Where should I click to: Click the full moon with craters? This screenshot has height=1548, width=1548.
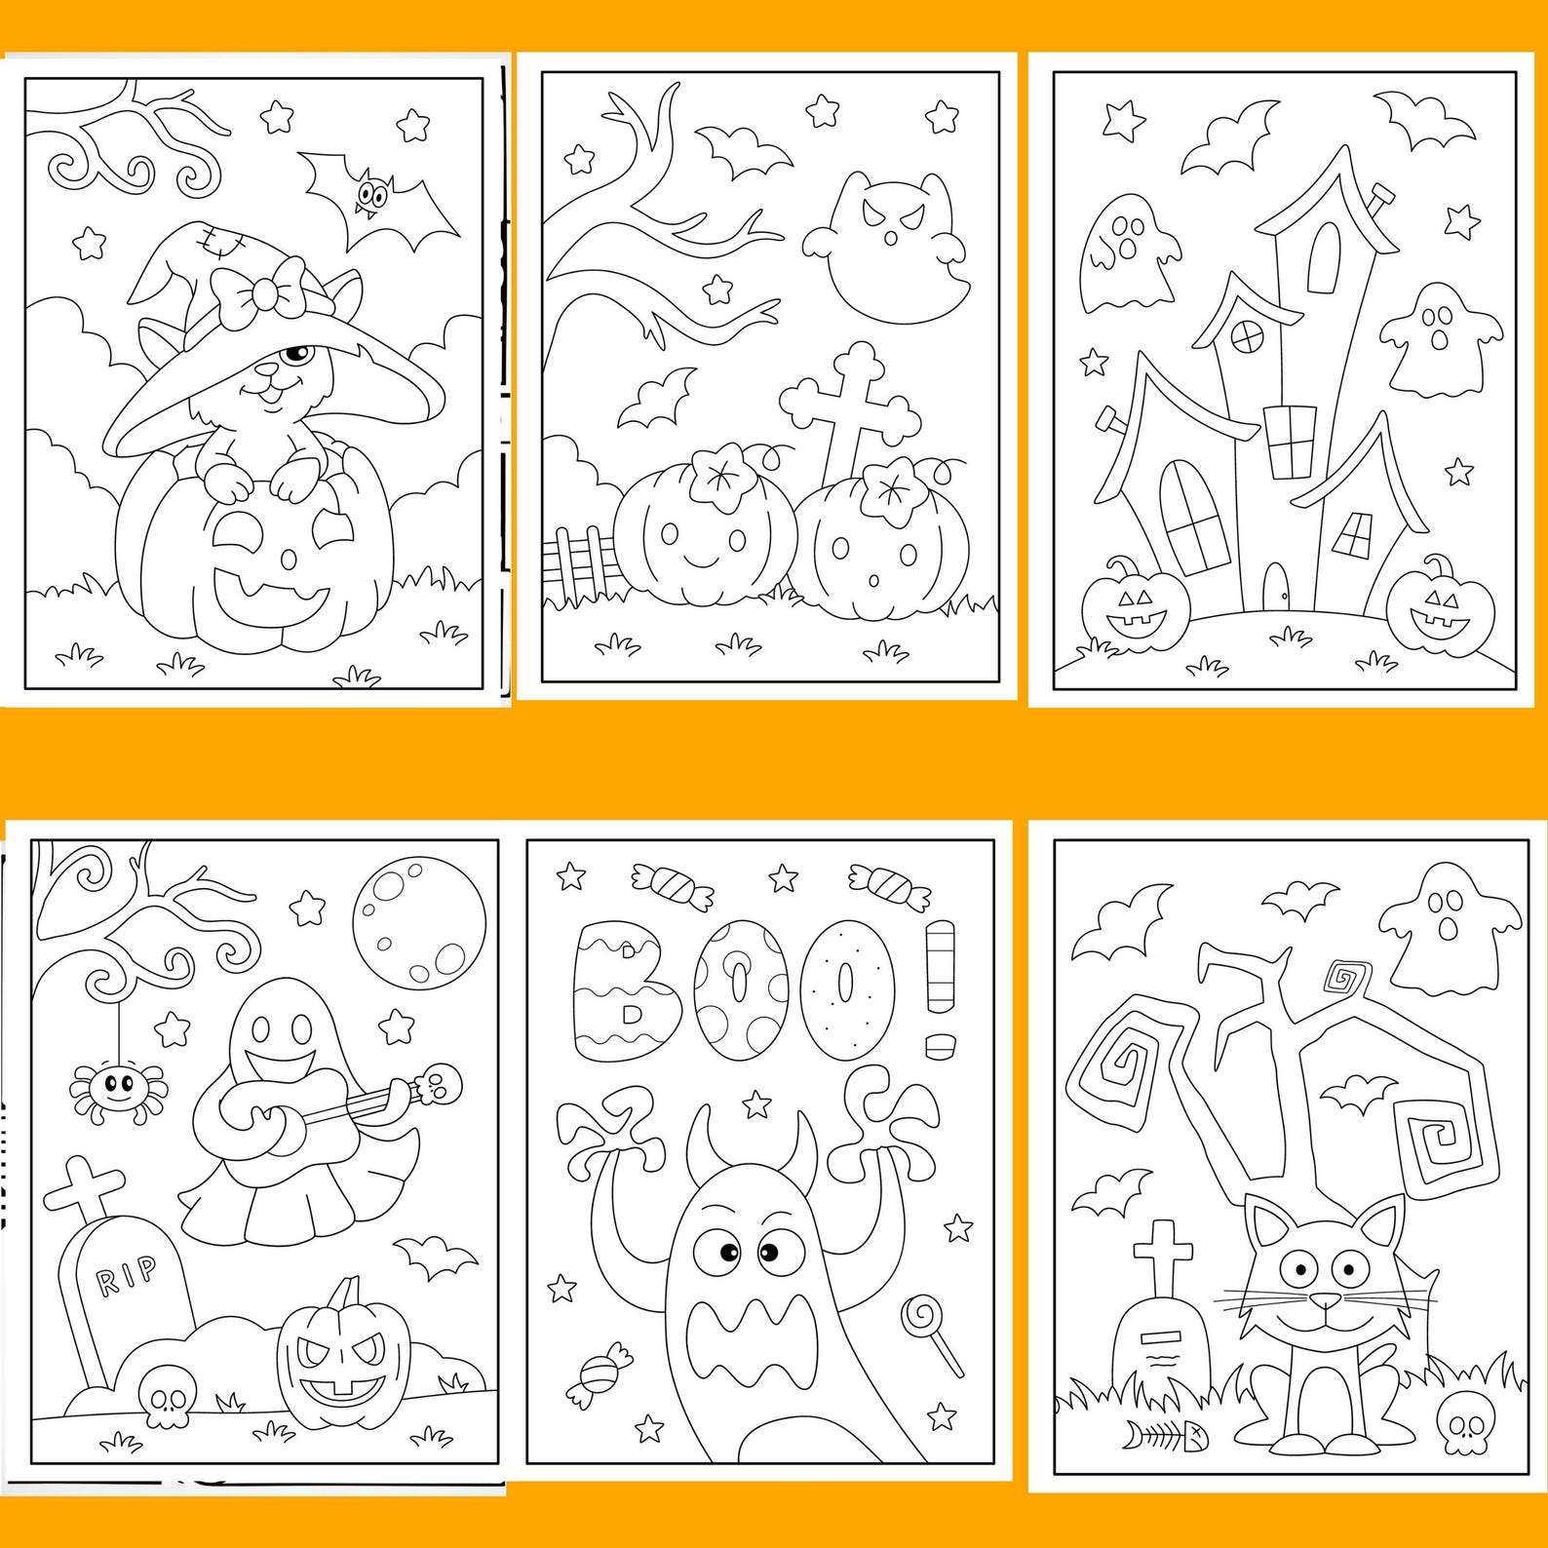pos(419,918)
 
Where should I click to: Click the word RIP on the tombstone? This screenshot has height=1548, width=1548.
pos(127,1272)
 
